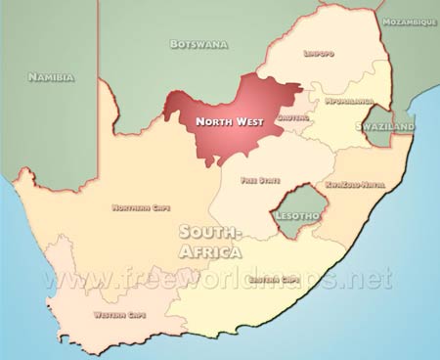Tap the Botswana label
(199, 44)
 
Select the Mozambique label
(410, 21)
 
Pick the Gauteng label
(292, 117)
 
